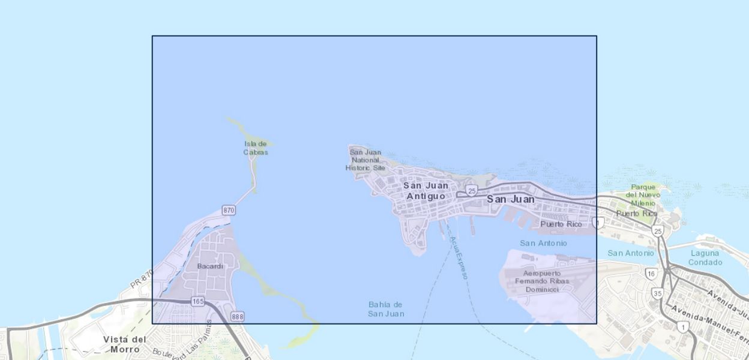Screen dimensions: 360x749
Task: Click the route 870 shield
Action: (228, 210)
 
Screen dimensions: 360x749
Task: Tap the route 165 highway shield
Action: (198, 301)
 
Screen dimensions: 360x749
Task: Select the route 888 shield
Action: (238, 316)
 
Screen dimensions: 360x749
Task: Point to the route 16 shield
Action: (651, 274)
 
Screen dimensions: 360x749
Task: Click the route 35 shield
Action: (657, 293)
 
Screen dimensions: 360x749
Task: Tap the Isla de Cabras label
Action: (256, 148)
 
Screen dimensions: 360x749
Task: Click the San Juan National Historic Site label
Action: (365, 160)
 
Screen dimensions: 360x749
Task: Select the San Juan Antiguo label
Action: (426, 191)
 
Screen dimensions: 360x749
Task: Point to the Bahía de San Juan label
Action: (386, 309)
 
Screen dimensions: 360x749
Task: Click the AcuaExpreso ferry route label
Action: (458, 257)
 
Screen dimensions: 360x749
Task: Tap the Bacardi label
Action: (210, 266)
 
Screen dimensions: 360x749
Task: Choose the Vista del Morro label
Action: (124, 344)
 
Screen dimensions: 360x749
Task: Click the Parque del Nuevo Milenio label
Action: (643, 195)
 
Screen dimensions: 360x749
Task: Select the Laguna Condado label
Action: (705, 257)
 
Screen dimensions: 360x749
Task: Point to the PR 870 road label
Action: (142, 278)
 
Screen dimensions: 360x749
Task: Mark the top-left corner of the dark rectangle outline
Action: (152, 36)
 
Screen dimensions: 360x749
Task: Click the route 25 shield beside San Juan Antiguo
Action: (472, 190)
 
